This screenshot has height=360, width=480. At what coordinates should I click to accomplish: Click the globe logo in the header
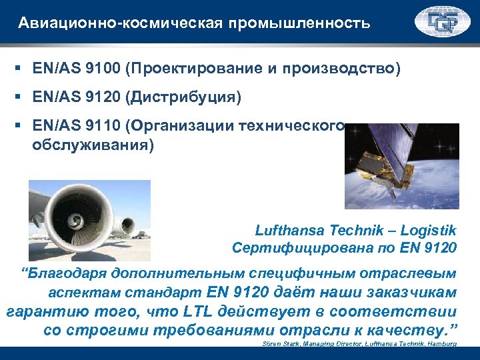(442, 22)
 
